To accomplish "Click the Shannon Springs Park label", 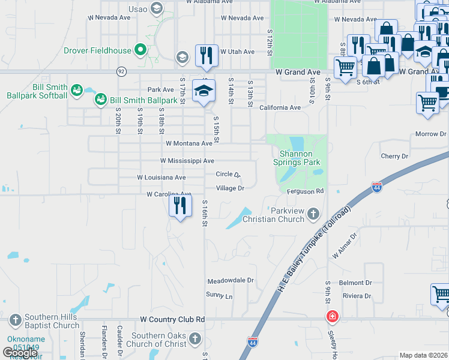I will tap(297, 158).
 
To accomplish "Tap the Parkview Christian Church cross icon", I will tap(313, 213).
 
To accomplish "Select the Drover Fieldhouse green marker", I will tap(140, 49).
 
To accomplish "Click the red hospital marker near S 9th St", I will tap(331, 316).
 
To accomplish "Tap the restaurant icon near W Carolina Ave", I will tap(180, 206).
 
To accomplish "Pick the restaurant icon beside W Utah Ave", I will tap(206, 55).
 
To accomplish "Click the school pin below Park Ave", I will tap(203, 91).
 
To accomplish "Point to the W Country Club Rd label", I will tap(172, 320).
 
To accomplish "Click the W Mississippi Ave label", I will tap(187, 161).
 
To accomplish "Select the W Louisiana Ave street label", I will tap(161, 178).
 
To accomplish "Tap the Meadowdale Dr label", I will tap(231, 281).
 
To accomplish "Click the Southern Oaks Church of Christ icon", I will tap(194, 339).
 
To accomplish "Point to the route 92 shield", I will tap(121, 71).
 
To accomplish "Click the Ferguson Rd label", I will tap(306, 191).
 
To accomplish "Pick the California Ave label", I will tap(280, 107).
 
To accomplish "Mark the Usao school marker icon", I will tap(157, 8).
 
